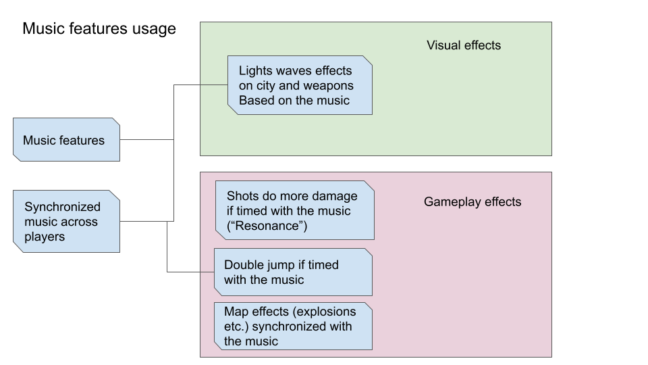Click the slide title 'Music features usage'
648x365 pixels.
pos(99,29)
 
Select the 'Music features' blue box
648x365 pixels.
pos(66,140)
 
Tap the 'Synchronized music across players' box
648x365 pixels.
pos(66,221)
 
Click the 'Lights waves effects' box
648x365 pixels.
pos(300,85)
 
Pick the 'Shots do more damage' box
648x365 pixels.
pos(294,210)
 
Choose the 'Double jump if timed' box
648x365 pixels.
pos(293,272)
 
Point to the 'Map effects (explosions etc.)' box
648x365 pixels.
pos(293,326)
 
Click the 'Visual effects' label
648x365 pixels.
pos(464,45)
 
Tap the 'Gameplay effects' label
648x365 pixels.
pos(473,201)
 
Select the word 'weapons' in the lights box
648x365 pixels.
pos(331,86)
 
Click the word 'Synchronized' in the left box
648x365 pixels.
pos(62,207)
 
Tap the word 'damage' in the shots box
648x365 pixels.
pos(334,195)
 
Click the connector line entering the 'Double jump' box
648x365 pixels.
pos(190,272)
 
